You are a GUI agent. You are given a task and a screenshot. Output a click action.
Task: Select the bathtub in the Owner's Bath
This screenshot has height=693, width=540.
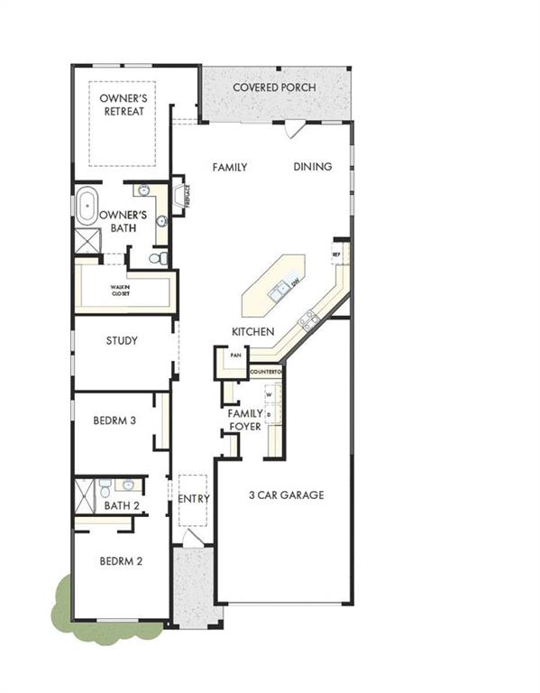coord(87,207)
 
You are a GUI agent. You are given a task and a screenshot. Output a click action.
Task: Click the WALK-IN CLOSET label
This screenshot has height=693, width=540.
coord(121,291)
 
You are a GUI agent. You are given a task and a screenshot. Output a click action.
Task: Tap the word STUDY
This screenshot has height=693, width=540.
coord(122,341)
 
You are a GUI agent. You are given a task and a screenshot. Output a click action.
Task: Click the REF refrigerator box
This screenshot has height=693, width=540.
coord(336,255)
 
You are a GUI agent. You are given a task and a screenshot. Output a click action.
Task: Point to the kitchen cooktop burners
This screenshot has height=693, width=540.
coord(308,317)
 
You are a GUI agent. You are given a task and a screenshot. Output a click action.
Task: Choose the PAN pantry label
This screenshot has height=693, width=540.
coord(235,356)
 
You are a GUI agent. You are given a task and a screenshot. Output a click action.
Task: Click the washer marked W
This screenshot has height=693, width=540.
coord(269,394)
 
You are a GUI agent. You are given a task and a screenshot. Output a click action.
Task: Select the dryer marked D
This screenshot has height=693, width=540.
coord(269,413)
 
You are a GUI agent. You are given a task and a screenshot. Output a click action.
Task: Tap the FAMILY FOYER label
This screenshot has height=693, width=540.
coord(244,420)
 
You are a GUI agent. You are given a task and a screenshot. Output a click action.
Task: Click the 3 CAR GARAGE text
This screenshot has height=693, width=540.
coord(287,494)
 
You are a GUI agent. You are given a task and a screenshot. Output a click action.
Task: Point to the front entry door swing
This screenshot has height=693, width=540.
coord(190,538)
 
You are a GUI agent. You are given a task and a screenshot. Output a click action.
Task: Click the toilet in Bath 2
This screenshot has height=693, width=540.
coord(106,491)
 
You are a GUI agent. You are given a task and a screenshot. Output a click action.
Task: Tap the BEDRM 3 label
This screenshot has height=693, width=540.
coord(114,420)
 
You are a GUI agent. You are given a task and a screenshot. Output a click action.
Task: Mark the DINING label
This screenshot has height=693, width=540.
coord(312,166)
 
